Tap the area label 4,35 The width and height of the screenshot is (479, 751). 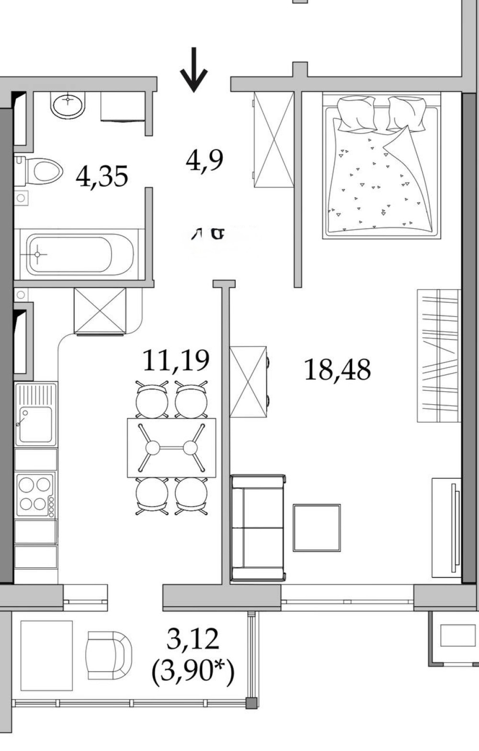(102, 176)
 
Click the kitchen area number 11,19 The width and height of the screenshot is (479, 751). (176, 361)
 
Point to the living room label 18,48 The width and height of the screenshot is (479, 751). (337, 369)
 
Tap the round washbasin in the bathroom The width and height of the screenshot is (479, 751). (68, 104)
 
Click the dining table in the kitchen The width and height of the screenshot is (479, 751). (171, 448)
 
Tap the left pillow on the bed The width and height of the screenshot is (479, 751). (356, 113)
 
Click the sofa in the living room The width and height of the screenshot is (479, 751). (258, 527)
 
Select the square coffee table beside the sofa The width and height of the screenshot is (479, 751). (317, 528)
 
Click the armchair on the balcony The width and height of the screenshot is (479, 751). (109, 655)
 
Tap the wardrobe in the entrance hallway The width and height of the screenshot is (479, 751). (274, 140)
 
